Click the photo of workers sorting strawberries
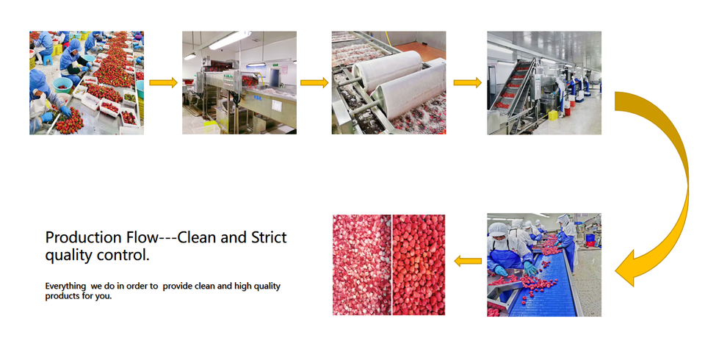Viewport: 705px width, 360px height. point(87,82)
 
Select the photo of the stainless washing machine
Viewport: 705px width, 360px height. point(239,82)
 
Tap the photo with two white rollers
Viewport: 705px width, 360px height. point(388,82)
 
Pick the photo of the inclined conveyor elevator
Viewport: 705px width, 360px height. point(544,82)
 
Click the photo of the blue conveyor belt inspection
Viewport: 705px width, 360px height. point(544,264)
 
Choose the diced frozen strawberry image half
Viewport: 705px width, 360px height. point(362,264)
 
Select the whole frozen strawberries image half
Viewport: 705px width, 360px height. point(419,264)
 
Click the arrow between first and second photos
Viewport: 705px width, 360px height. point(163,82)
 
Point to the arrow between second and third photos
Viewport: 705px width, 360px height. point(314,82)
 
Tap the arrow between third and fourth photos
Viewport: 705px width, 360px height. point(467,82)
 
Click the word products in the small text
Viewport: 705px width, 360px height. point(62,296)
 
